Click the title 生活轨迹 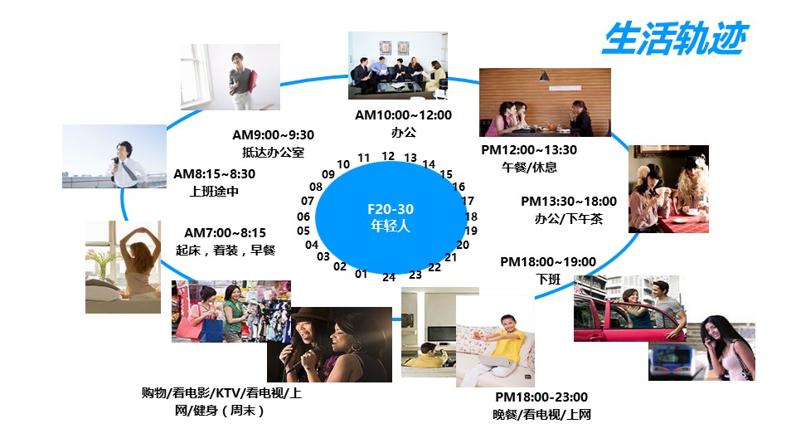[x=675, y=38]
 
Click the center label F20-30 [x=391, y=209]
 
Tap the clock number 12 [x=388, y=156]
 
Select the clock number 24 [x=389, y=277]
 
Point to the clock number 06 [x=303, y=217]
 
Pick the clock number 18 [x=471, y=217]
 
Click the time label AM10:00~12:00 [x=403, y=115]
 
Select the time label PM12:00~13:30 [x=529, y=150]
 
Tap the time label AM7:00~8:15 [x=225, y=232]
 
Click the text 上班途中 [x=214, y=192]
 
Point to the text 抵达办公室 [x=273, y=152]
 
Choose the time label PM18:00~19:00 [x=548, y=262]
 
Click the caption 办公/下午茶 [x=569, y=219]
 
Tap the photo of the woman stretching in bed [x=123, y=266]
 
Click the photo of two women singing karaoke [x=329, y=344]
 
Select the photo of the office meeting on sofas [x=398, y=66]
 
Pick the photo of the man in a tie [x=114, y=157]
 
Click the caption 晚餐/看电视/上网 [x=541, y=415]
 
